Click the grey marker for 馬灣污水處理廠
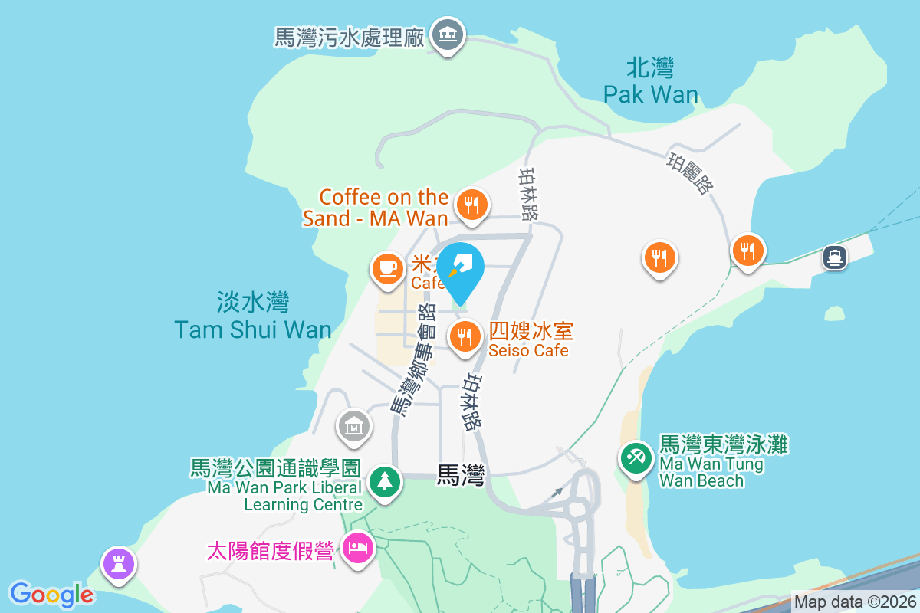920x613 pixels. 447,35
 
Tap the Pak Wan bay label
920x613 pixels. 650,81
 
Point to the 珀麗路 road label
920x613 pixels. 688,173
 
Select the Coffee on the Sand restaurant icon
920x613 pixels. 470,205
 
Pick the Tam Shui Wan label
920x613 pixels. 253,316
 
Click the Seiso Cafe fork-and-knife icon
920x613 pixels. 464,336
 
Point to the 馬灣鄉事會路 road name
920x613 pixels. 412,359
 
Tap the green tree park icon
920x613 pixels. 385,481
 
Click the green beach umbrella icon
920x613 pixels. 636,458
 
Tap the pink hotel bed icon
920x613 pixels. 357,548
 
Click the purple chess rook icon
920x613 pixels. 119,564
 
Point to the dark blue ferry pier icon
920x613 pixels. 835,257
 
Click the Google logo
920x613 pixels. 51,595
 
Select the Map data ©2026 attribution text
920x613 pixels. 855,602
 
